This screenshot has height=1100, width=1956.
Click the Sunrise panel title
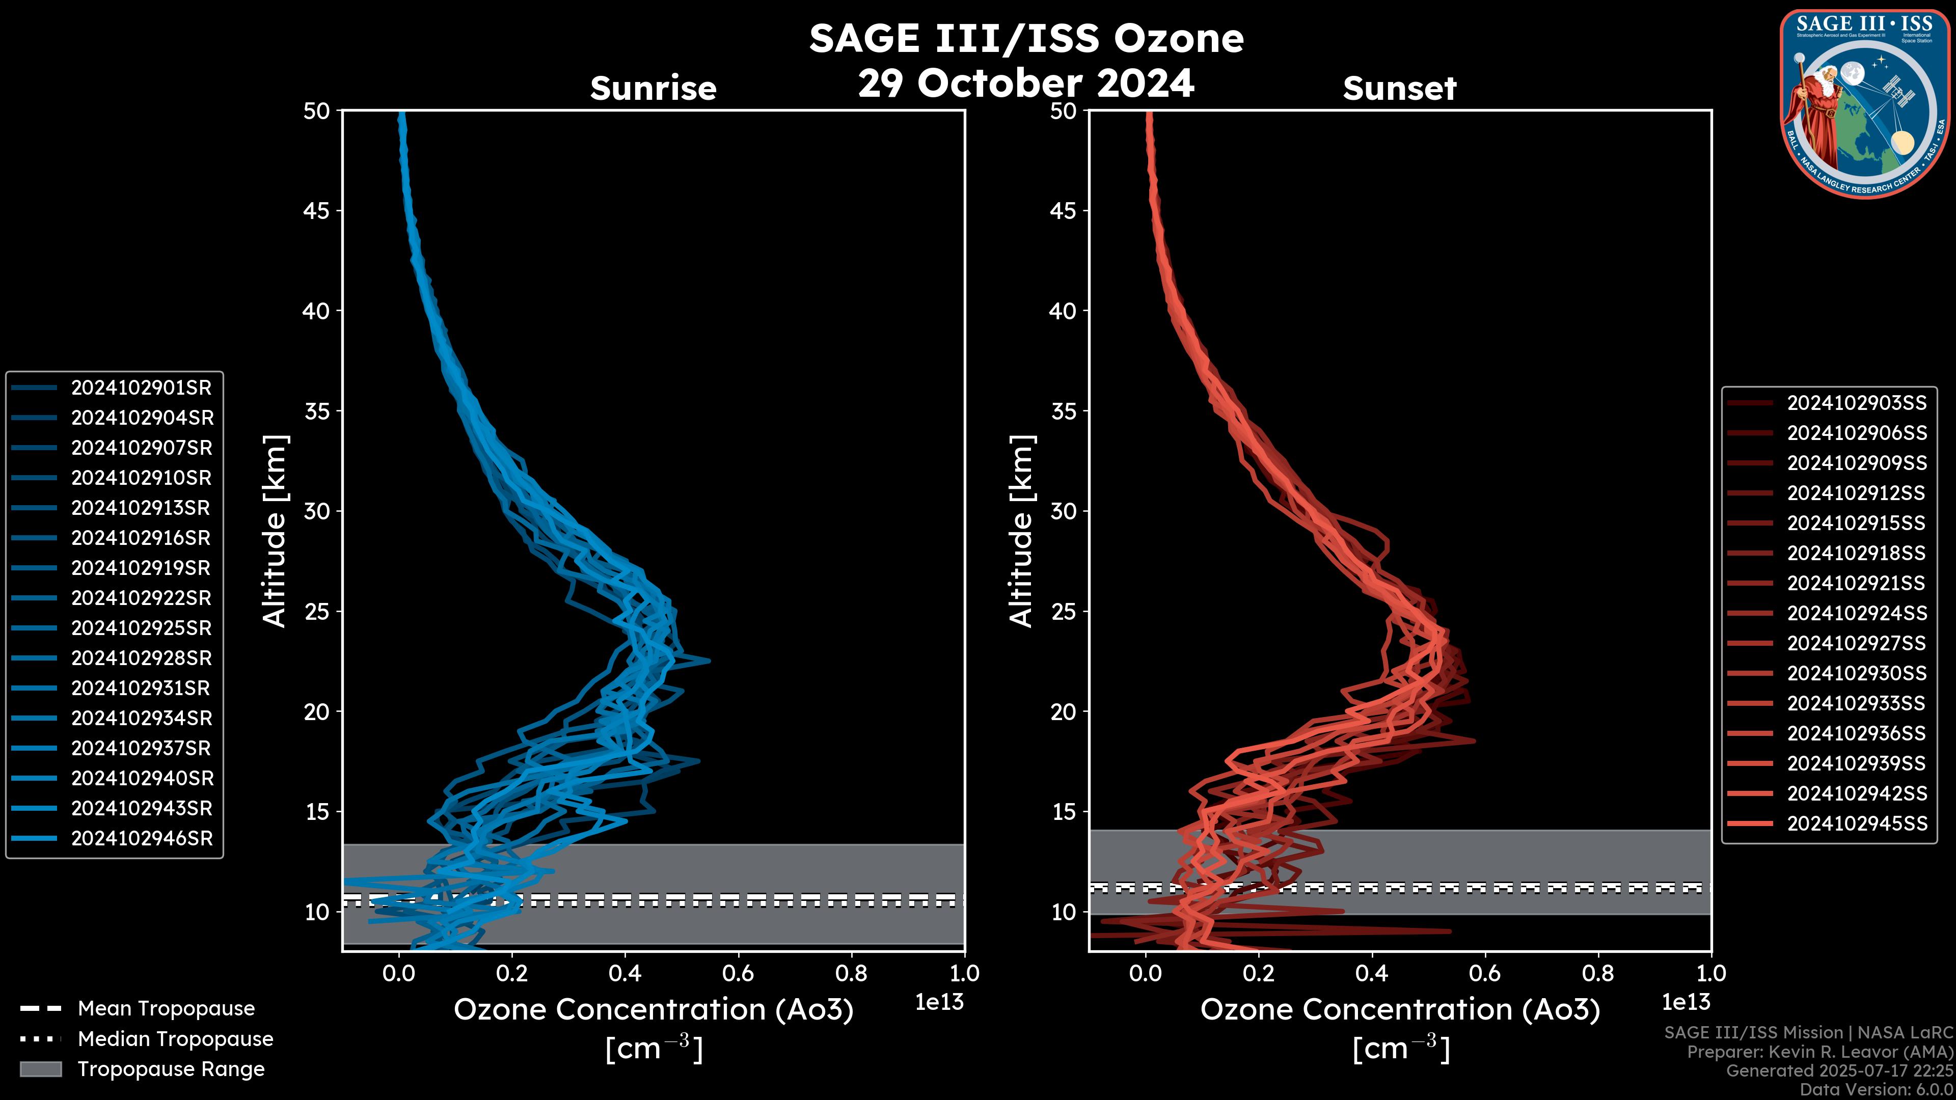653,88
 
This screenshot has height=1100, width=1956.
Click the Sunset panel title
1399,88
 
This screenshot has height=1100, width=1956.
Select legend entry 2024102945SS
1857,823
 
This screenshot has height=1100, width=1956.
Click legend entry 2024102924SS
1857,613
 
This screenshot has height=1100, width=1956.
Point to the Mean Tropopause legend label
166,1008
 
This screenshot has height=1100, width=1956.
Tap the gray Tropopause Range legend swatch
40,1069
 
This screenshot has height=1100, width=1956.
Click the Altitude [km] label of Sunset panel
1021,531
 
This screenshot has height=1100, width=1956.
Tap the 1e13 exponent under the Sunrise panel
939,1002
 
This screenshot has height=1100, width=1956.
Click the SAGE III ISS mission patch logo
1864,104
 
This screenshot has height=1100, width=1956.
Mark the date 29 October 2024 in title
1026,82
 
